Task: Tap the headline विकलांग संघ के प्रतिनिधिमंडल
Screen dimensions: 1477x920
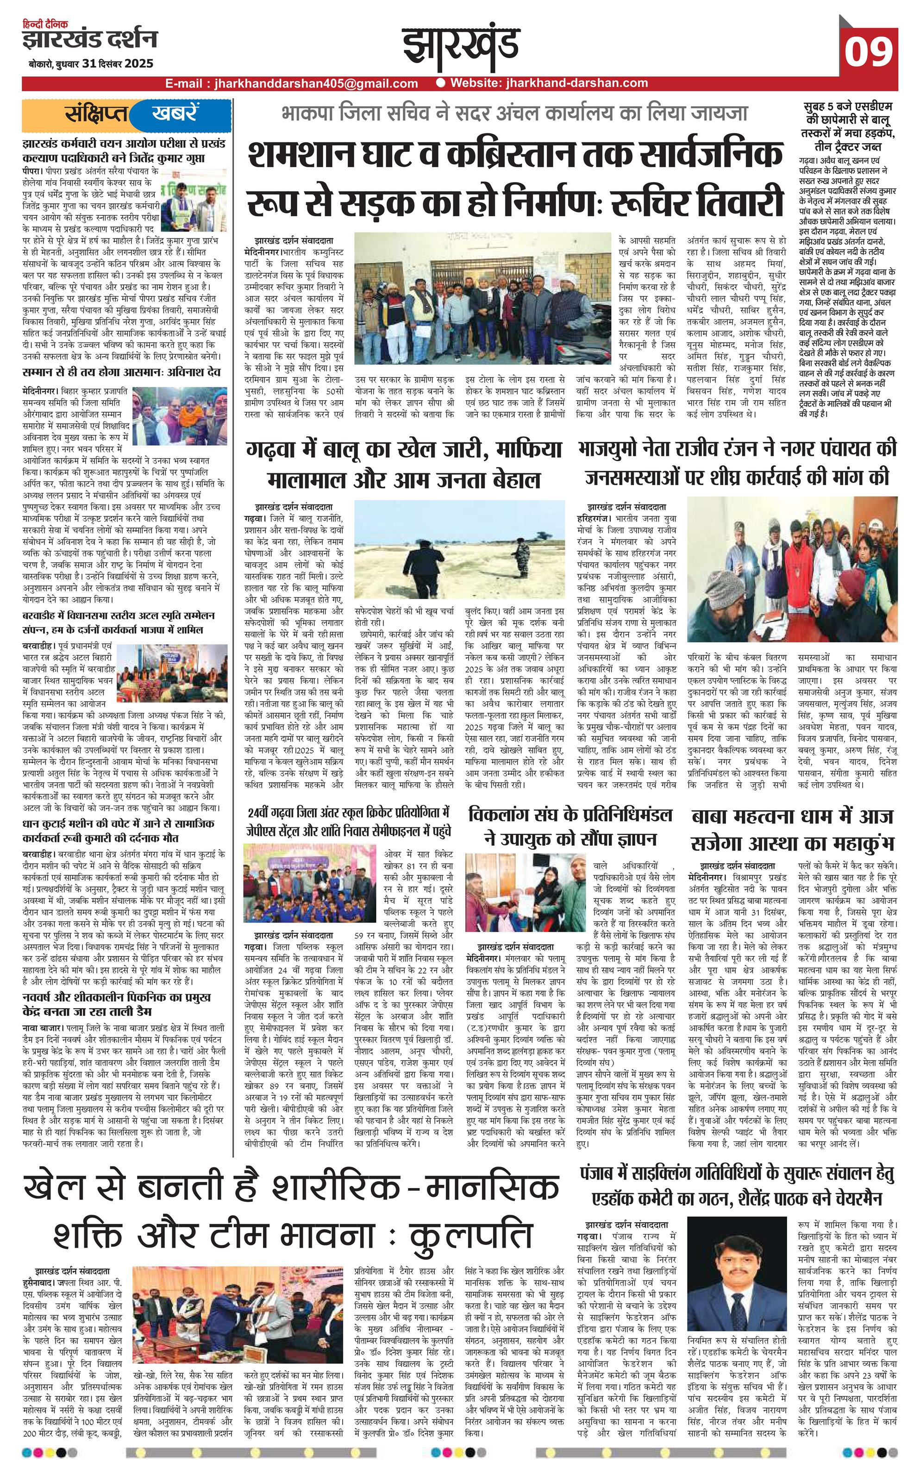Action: coord(570,826)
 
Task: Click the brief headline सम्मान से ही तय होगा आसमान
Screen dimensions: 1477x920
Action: coord(121,372)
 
